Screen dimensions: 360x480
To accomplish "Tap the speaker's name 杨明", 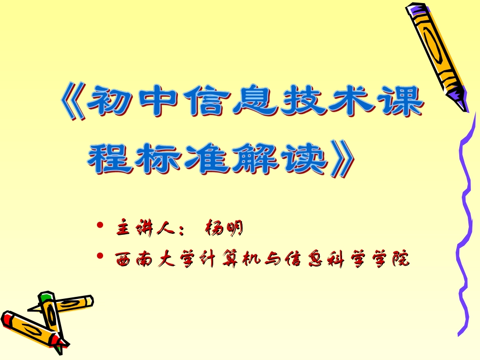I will [x=224, y=229].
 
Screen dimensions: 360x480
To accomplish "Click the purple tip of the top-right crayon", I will [x=458, y=94].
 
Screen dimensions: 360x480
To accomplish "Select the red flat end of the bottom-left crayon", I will [x=7, y=319].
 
